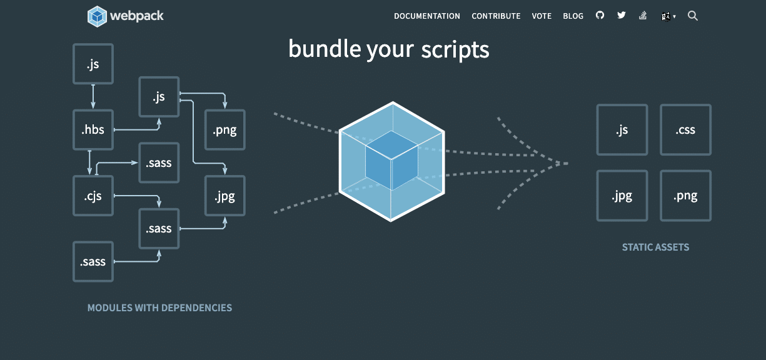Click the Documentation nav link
pyautogui.click(x=426, y=16)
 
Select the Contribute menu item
pyautogui.click(x=496, y=16)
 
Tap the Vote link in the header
pyautogui.click(x=542, y=16)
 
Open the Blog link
pyautogui.click(x=573, y=16)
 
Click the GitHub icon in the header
pyautogui.click(x=600, y=16)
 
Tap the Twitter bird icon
pyautogui.click(x=622, y=16)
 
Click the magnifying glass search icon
pyautogui.click(x=693, y=16)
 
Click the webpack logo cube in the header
pyautogui.click(x=97, y=16)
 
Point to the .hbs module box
pyautogui.click(x=93, y=129)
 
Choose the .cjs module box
pyautogui.click(x=93, y=196)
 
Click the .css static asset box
pyautogui.click(x=685, y=130)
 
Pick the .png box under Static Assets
pyautogui.click(x=685, y=196)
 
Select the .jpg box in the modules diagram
pyautogui.click(x=225, y=196)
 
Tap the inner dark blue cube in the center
pyautogui.click(x=391, y=161)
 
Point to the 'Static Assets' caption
pyautogui.click(x=655, y=247)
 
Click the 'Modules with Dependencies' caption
pyautogui.click(x=159, y=307)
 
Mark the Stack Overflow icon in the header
pyautogui.click(x=643, y=16)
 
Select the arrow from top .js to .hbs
pyautogui.click(x=93, y=97)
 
